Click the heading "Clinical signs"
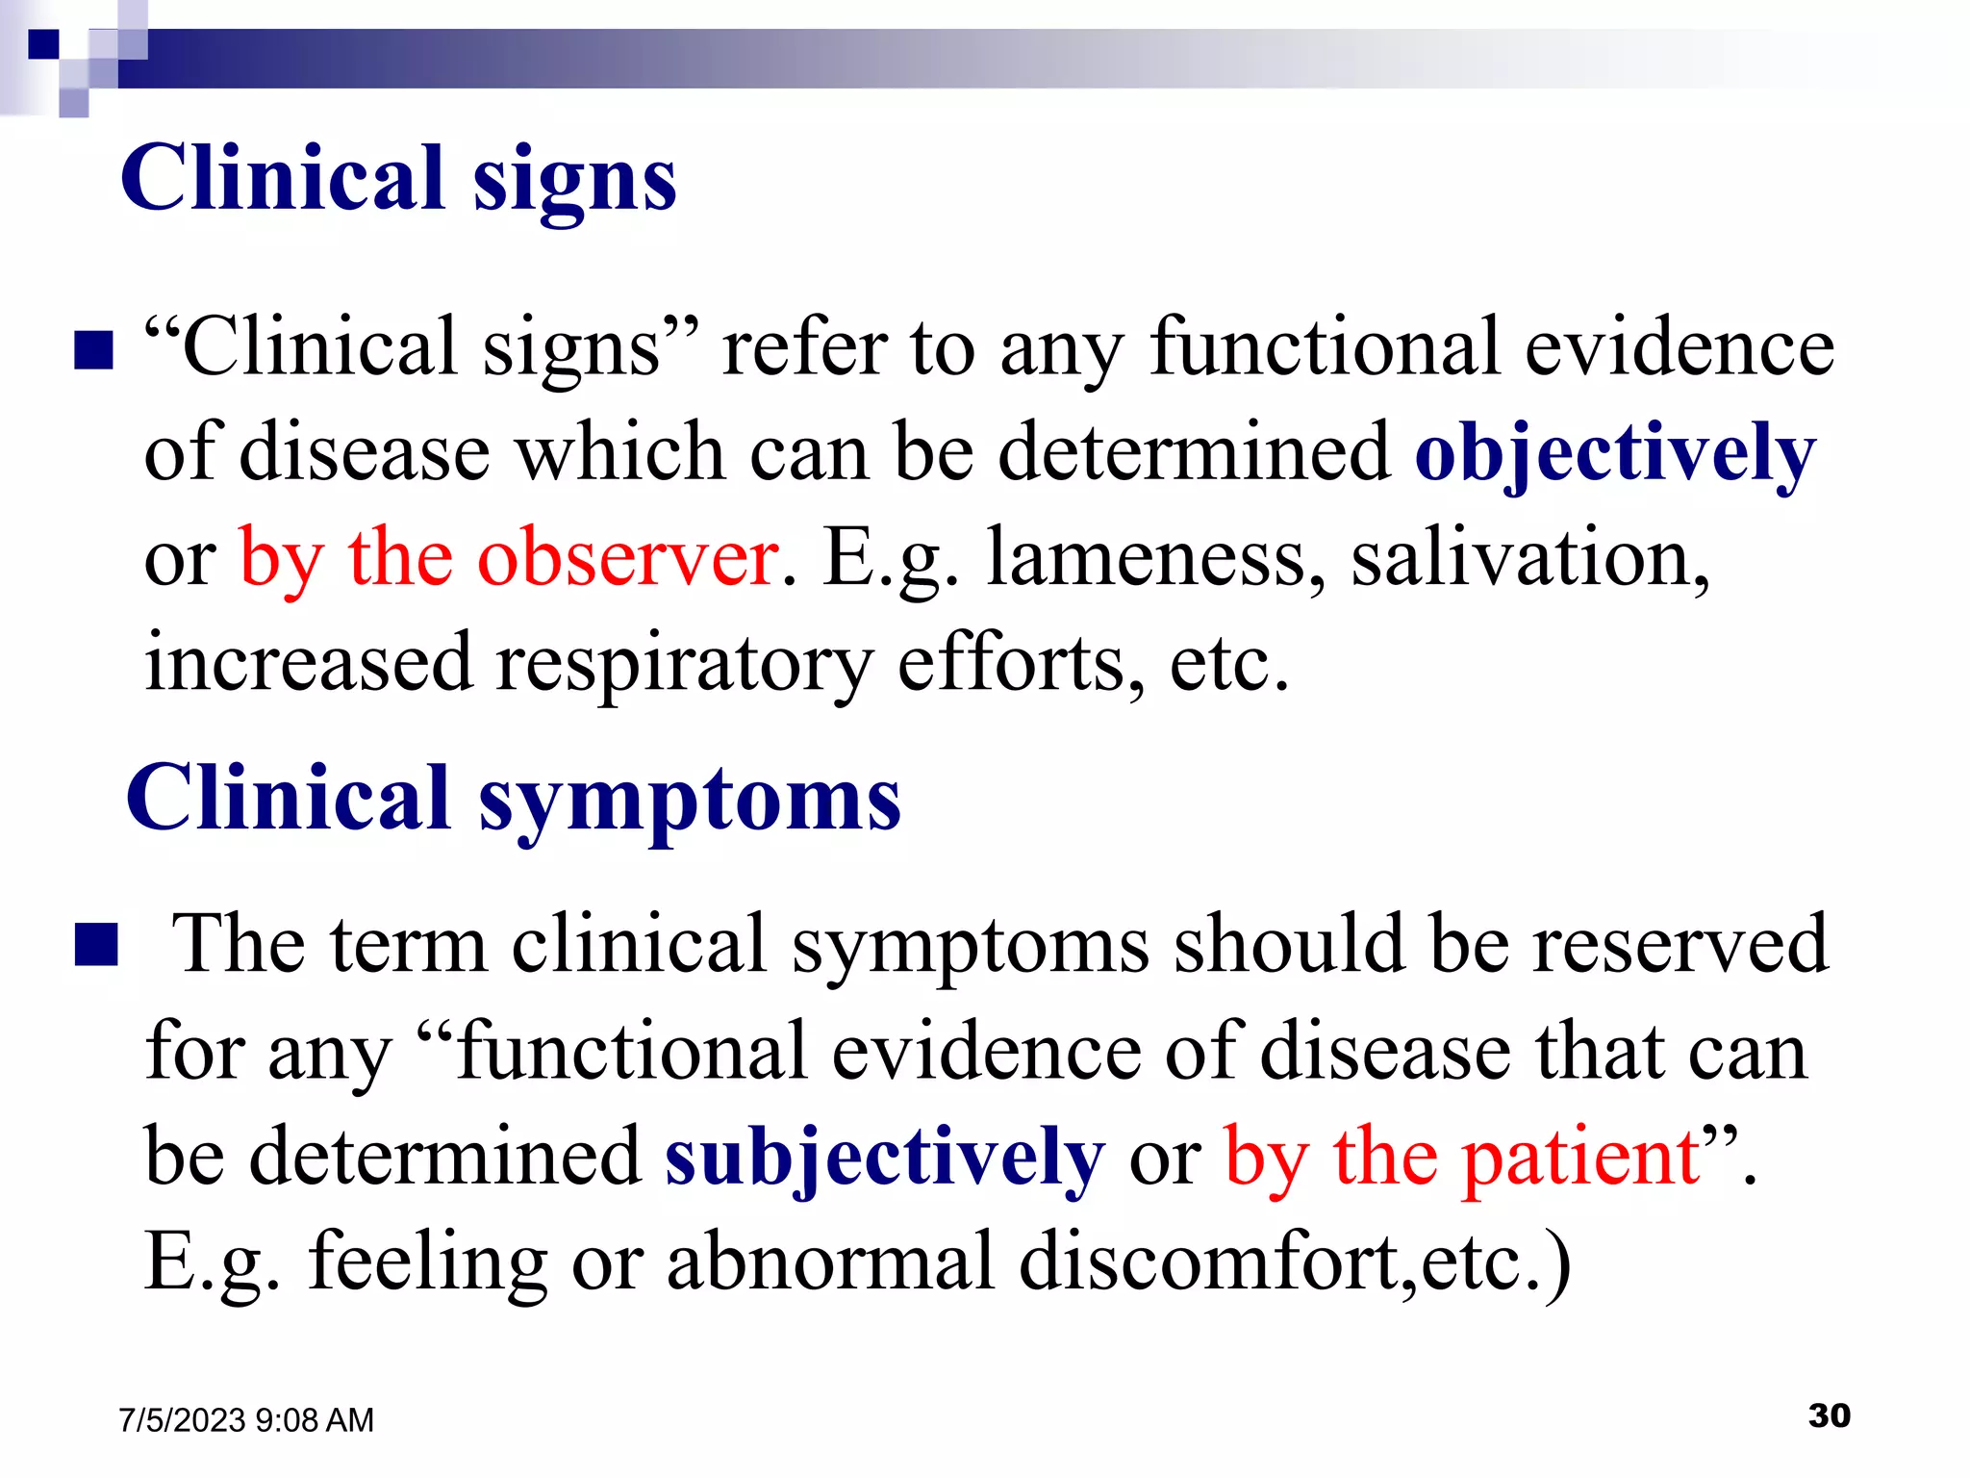pyautogui.click(x=398, y=179)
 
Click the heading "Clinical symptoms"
pyautogui.click(x=513, y=799)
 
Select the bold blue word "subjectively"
pyautogui.click(x=884, y=1157)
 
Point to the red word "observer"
pyautogui.click(x=628, y=558)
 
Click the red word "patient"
pyautogui.click(x=1581, y=1157)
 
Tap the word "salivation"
pyautogui.click(x=1529, y=558)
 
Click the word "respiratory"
pyautogui.click(x=684, y=664)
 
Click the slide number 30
pyautogui.click(x=1829, y=1415)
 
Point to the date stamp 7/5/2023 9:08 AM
pyautogui.click(x=246, y=1420)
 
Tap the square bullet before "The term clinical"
pyautogui.click(x=96, y=945)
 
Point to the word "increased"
pyautogui.click(x=308, y=664)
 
